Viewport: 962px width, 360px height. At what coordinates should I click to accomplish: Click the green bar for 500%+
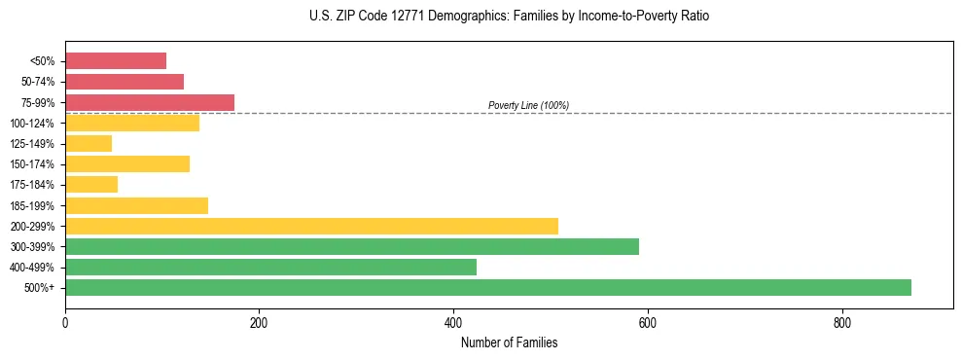tap(487, 287)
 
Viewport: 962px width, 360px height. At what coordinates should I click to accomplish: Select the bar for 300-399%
tap(351, 246)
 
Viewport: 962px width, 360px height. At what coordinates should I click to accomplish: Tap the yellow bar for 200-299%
tap(311, 226)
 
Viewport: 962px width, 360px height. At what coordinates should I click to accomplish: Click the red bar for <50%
tap(116, 61)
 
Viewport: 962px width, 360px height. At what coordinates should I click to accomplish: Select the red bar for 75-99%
tap(150, 102)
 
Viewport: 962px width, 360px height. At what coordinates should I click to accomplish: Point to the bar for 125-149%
tap(89, 143)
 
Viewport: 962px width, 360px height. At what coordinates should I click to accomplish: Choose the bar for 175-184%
tap(91, 184)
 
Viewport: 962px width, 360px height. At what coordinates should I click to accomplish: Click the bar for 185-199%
tap(136, 205)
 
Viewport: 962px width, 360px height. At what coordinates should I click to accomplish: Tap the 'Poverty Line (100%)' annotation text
tap(528, 105)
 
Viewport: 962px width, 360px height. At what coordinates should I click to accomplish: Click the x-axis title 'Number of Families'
tap(509, 342)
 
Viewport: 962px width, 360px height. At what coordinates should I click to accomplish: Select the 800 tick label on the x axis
tap(841, 322)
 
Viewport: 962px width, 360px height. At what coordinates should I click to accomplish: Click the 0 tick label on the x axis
tap(65, 322)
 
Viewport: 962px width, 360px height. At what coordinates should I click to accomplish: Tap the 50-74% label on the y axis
tap(39, 82)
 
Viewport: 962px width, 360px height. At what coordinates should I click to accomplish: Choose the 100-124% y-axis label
tap(36, 124)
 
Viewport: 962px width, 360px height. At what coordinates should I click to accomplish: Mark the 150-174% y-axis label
tap(36, 164)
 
